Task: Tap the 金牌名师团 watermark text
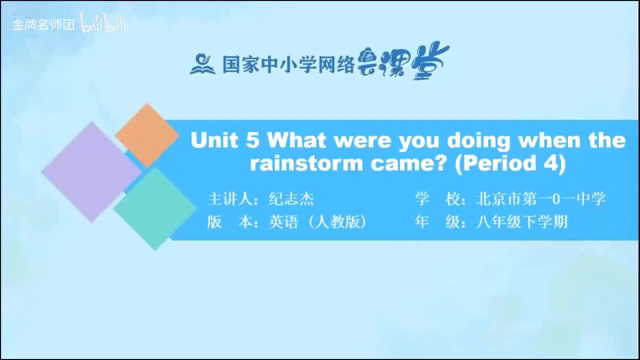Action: coord(43,25)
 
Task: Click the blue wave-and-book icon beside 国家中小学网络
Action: coord(202,64)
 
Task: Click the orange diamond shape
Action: coord(147,135)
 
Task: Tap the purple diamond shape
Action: coord(91,171)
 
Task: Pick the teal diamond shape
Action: coord(154,208)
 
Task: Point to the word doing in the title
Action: coord(479,140)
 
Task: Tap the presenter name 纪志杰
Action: coord(291,199)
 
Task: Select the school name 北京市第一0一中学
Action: coord(540,199)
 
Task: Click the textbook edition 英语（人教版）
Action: coord(318,221)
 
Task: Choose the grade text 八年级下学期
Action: coord(521,221)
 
